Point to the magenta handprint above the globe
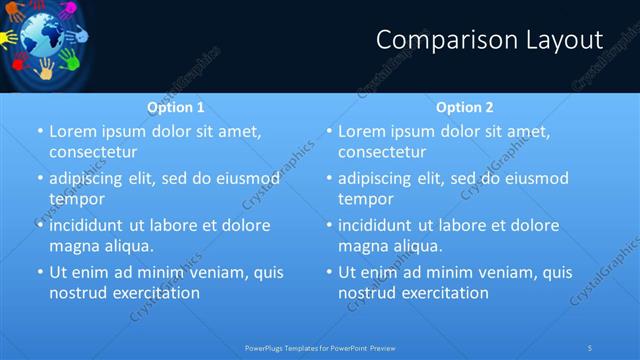[x=67, y=11]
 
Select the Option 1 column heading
[x=176, y=107]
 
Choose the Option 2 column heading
[x=464, y=107]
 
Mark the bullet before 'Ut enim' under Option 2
[x=329, y=272]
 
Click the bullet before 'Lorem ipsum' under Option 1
[x=40, y=131]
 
